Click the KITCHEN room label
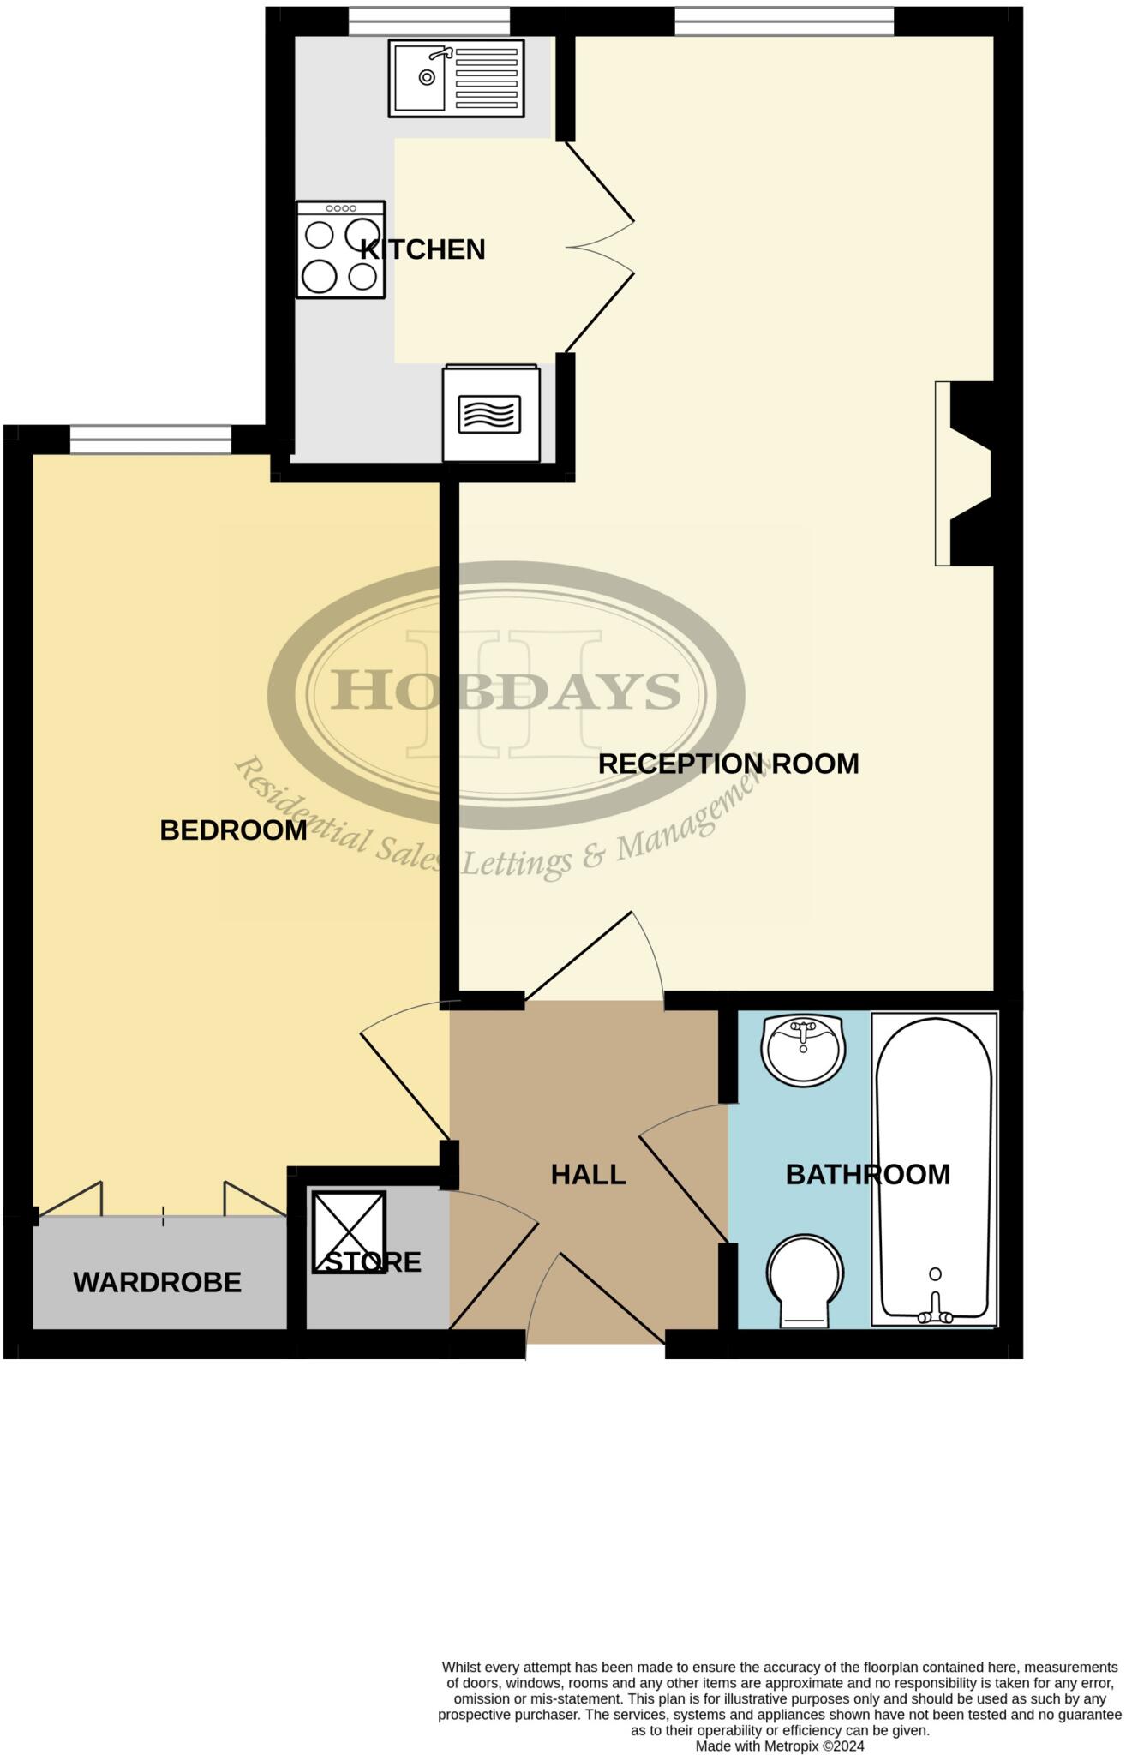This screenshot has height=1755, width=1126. point(422,249)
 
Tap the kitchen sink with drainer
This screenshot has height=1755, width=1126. point(457,77)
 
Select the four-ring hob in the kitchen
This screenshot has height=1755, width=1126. point(341,249)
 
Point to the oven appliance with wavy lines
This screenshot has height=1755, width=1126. point(491,413)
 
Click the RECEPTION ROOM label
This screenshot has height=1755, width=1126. point(728,764)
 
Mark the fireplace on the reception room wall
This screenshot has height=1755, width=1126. point(964,473)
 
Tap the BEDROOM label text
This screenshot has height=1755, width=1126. point(233,830)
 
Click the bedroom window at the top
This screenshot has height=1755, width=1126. point(151,440)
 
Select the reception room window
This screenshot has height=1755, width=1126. point(784,21)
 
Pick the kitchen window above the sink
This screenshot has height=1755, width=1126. point(429,21)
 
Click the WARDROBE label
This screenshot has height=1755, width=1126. point(157,1282)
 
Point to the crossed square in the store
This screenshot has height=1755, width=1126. point(348,1231)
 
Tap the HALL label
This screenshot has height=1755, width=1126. point(588,1174)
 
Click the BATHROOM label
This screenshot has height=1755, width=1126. point(868,1174)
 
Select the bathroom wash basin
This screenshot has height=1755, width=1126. point(803,1049)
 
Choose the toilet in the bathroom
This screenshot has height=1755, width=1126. point(805,1280)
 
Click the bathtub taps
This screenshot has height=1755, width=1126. point(935,1315)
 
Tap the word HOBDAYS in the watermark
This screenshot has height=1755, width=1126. point(506,691)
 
